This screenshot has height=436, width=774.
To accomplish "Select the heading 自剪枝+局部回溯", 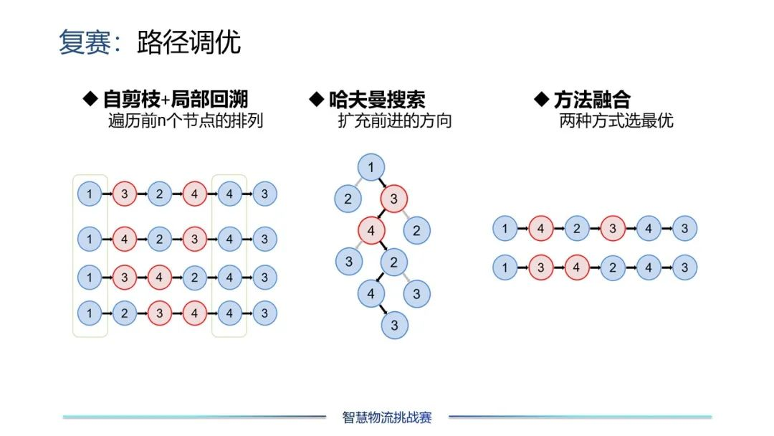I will [x=176, y=99].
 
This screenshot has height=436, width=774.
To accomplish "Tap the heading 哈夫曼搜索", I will [x=376, y=99].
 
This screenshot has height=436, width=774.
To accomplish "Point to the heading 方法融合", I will [x=592, y=99].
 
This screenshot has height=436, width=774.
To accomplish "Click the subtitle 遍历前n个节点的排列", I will [x=186, y=120].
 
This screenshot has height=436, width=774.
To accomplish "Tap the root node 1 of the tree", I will [x=371, y=168].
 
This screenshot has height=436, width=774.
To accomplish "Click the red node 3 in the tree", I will [x=393, y=199].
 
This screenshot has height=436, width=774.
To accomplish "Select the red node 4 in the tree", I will [x=371, y=231].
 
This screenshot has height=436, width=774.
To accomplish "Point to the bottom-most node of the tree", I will [x=394, y=325].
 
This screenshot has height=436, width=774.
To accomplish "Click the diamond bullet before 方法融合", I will [x=542, y=99].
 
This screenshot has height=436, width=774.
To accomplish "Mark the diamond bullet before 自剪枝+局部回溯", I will [x=91, y=99].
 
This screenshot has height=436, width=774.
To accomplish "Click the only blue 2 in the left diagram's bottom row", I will [x=125, y=313].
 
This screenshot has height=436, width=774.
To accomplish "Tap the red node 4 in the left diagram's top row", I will [x=194, y=194].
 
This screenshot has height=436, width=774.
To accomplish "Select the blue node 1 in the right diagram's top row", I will [x=505, y=229].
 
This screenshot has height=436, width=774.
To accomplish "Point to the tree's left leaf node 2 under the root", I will [x=348, y=199].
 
